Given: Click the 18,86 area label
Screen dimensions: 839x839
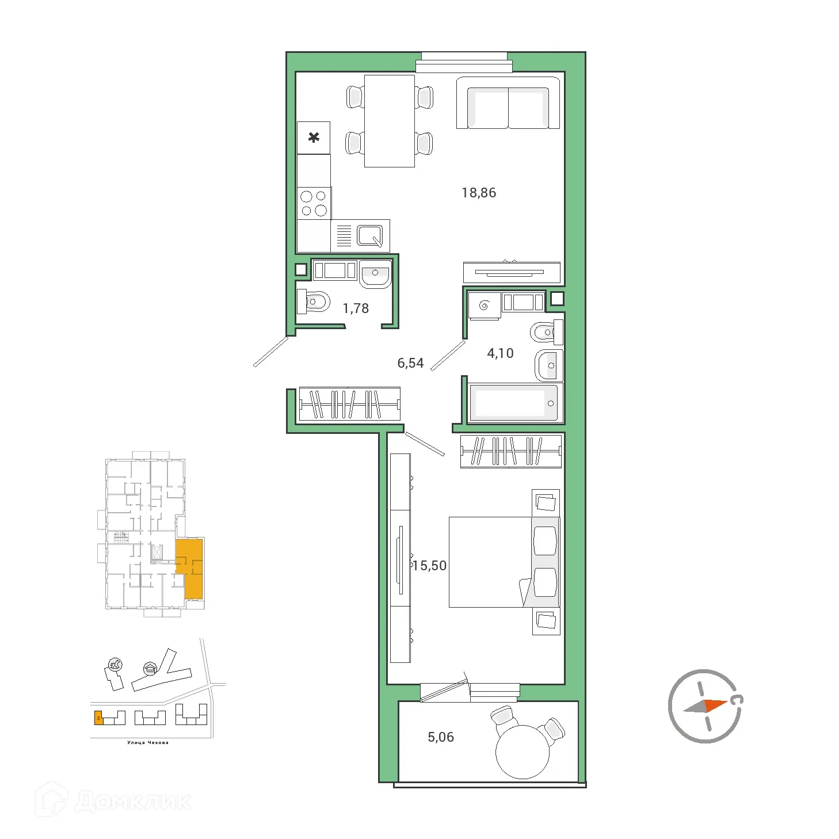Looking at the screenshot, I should tap(478, 193).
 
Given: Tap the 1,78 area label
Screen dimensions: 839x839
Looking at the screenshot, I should tap(356, 308).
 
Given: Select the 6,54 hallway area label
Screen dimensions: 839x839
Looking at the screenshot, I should tap(410, 363).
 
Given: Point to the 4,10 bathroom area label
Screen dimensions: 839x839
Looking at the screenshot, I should tap(500, 353).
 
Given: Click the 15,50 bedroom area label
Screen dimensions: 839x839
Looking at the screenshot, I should tap(430, 566).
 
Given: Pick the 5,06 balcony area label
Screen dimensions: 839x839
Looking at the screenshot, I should tap(441, 737).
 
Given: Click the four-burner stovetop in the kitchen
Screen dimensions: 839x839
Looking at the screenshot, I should tap(314, 203).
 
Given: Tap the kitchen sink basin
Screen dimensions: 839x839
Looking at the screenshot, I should tap(369, 235).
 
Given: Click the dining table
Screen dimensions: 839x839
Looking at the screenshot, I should tap(390, 121).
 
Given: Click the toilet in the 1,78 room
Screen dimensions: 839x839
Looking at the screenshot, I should tap(313, 301).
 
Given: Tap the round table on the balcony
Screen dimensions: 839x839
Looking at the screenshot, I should tap(523, 751).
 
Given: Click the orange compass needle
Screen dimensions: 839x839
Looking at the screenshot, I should tap(716, 705).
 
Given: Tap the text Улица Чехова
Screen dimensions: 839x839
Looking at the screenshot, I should tap(148, 742).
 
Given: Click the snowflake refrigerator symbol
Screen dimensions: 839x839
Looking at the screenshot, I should tap(314, 138).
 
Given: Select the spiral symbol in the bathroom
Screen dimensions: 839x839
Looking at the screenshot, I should tap(484, 306).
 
